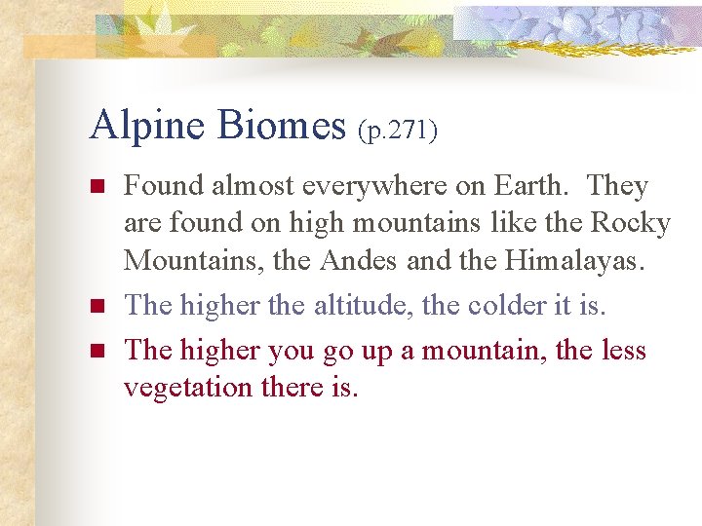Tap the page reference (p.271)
click(397, 131)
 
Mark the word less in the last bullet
click(622, 349)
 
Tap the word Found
click(163, 186)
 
